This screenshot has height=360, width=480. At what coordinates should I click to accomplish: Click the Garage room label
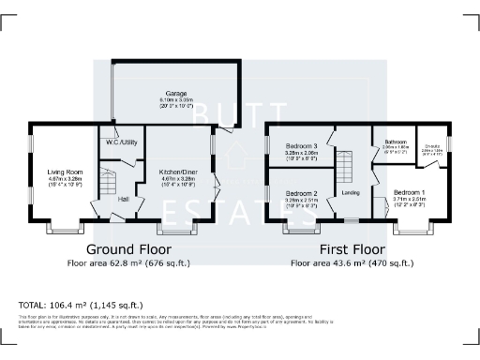point(175,94)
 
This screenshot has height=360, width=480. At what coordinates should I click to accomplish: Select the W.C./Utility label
point(119,142)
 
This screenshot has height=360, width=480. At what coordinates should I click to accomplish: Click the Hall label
point(123,200)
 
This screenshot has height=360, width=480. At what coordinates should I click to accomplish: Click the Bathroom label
point(397,142)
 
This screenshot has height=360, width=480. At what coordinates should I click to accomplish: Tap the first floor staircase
point(348,169)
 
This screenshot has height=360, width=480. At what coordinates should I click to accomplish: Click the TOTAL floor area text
point(81,305)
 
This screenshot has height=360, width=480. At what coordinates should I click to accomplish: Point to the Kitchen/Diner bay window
point(173,226)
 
